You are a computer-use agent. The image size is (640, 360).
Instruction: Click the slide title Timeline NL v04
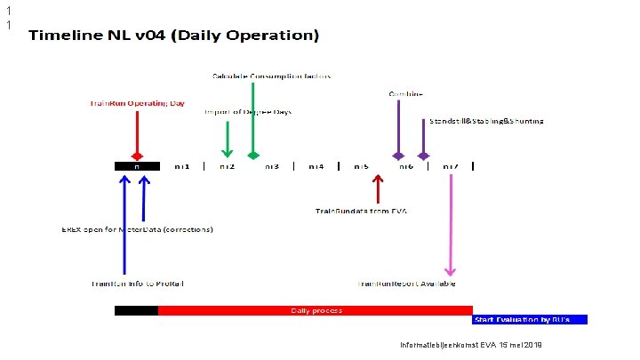[173, 37]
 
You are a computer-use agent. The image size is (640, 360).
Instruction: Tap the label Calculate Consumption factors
[271, 76]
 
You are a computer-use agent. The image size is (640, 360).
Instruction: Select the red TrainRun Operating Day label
[137, 103]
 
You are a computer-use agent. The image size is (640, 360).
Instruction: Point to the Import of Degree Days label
[248, 112]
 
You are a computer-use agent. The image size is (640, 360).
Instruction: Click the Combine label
[405, 93]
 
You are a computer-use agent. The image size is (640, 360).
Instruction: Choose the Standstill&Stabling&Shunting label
[486, 120]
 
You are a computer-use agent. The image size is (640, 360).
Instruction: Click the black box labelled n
[137, 165]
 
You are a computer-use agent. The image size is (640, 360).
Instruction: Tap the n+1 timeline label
[182, 166]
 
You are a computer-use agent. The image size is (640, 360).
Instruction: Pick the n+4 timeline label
[316, 166]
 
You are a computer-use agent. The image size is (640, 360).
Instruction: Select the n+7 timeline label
[452, 166]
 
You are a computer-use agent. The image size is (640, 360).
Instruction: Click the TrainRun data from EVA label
[361, 211]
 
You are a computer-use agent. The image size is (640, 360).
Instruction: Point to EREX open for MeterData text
[137, 228]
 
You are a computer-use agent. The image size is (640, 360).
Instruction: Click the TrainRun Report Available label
[405, 284]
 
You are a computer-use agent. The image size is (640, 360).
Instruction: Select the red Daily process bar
[316, 310]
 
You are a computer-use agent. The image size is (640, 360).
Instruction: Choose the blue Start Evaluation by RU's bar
[530, 318]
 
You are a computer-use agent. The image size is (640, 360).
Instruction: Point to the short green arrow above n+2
[227, 138]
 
